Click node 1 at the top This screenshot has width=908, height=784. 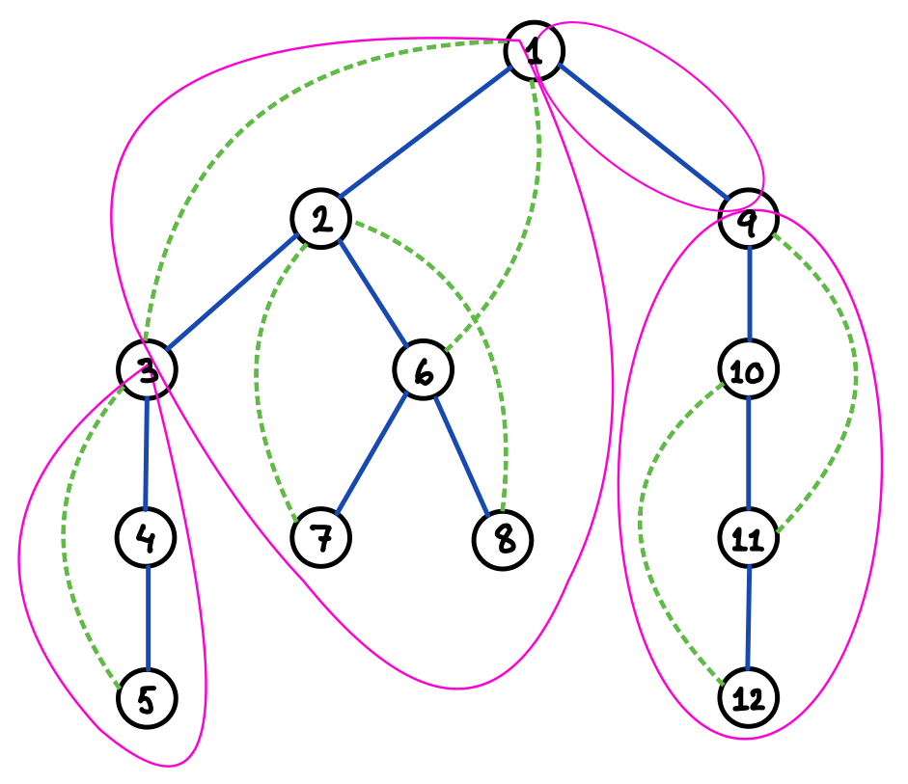[x=534, y=50]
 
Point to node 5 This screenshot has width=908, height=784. [x=147, y=698]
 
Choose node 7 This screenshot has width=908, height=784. [x=321, y=537]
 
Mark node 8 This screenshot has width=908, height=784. [x=503, y=537]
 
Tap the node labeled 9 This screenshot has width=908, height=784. [x=750, y=220]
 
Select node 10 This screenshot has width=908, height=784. [x=749, y=370]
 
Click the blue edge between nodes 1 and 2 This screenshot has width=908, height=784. [x=427, y=135]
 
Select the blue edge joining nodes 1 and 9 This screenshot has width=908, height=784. [x=642, y=135]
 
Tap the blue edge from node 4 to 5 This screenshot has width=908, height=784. [x=147, y=617]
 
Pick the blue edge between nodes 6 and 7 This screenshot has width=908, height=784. [x=372, y=453]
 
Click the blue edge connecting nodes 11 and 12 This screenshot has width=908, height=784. [x=749, y=617]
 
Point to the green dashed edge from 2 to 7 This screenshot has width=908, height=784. [x=259, y=376]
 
